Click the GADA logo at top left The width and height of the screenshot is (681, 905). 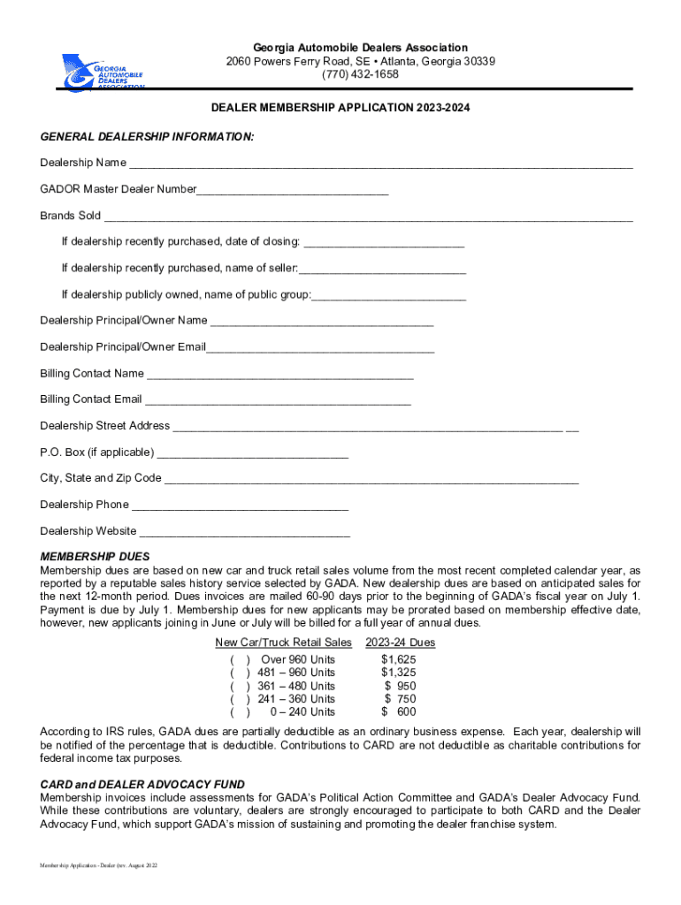103,71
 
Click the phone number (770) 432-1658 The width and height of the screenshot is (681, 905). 360,74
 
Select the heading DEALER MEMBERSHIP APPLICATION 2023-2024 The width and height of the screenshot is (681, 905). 340,108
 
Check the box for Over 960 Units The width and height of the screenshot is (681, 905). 240,660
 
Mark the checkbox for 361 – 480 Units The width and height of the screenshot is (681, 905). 240,687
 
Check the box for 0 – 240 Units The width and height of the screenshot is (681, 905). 240,712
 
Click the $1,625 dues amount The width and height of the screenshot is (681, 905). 398,660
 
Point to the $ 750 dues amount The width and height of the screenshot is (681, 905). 400,699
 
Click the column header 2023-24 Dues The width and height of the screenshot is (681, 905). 399,643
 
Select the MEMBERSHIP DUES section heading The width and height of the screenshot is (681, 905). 96,557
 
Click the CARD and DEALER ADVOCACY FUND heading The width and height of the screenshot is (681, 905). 142,785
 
